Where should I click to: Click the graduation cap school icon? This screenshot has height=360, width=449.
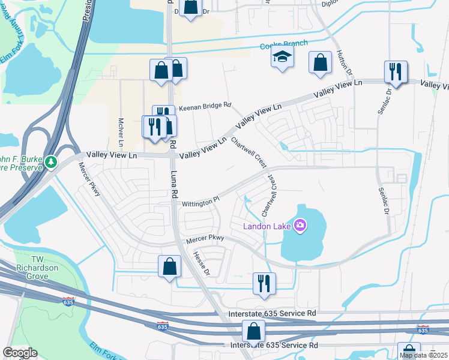[x=282, y=58]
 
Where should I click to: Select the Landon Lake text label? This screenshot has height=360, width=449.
[x=267, y=226]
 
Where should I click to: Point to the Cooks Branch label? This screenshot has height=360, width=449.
[x=283, y=44]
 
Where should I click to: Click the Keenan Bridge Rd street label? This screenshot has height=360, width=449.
[x=204, y=106]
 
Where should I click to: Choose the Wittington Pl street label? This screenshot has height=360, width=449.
[x=197, y=203]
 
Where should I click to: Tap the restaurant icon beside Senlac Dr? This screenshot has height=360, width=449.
[x=396, y=71]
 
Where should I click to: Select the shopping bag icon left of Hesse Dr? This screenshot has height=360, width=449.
[x=169, y=265]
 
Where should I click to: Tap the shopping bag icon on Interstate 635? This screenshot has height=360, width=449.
[x=253, y=331]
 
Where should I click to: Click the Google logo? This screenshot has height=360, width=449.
[x=20, y=353]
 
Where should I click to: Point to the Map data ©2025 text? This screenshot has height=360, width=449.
[x=423, y=355]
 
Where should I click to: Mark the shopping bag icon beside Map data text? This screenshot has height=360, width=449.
[x=409, y=352]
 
